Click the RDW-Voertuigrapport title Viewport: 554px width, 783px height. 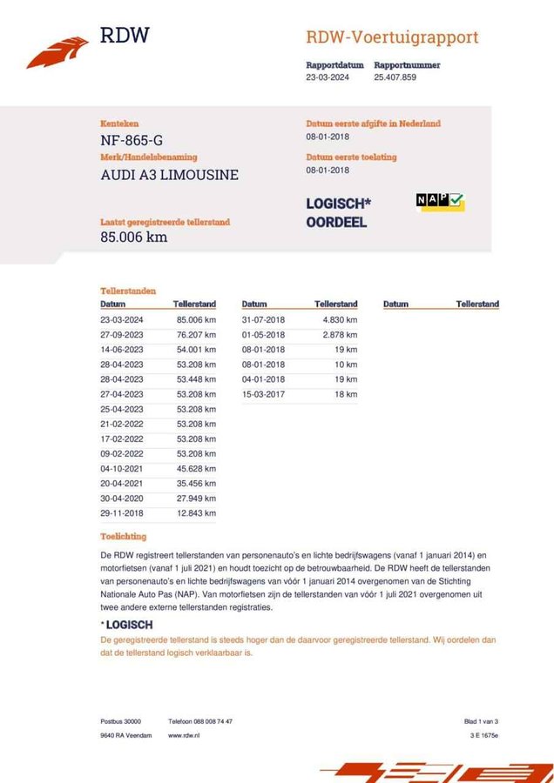[x=392, y=37]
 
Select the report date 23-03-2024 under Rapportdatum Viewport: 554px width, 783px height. [x=328, y=77]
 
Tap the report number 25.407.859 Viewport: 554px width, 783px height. [x=395, y=77]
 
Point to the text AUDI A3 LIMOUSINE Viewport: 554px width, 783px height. [x=169, y=174]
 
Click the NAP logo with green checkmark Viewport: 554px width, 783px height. [x=440, y=201]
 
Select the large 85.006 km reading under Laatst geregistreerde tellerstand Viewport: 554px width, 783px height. [x=133, y=237]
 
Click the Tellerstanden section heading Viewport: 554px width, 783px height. [x=128, y=291]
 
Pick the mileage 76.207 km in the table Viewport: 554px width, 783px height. [x=196, y=335]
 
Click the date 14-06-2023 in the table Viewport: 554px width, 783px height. [x=121, y=350]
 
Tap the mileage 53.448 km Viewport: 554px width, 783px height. [x=196, y=379]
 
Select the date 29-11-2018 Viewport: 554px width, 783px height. [x=121, y=513]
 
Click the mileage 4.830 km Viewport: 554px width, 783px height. [x=340, y=320]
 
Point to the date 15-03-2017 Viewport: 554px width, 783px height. [x=263, y=394]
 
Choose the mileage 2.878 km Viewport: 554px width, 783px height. [x=340, y=335]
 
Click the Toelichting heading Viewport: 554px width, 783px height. [x=123, y=537]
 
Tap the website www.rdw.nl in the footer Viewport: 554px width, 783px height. [x=185, y=735]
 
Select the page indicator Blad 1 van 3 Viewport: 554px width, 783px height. [x=481, y=721]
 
